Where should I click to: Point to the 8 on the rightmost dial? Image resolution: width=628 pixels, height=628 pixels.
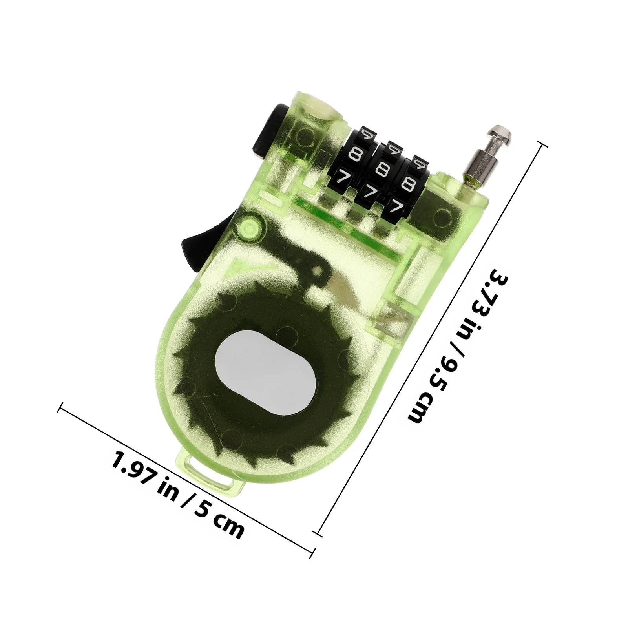409,183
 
